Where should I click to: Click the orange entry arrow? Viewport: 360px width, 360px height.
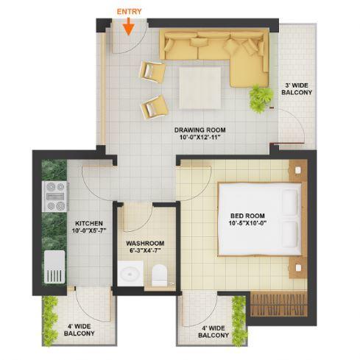click(x=128, y=27)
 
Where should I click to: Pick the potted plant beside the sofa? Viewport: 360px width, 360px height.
click(x=259, y=98)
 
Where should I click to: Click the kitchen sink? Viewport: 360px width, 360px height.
click(x=54, y=269)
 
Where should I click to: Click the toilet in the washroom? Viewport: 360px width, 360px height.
click(x=158, y=276)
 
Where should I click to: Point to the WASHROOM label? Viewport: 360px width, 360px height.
click(x=144, y=243)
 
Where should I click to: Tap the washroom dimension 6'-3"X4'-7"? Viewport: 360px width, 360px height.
click(x=144, y=252)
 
